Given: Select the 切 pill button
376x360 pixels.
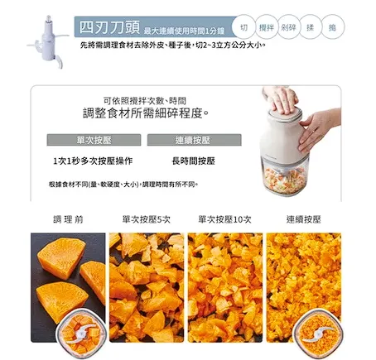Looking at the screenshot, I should [243, 26].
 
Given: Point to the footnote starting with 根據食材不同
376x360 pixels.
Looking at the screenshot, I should [123, 184].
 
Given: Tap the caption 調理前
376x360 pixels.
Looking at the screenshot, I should [68, 219].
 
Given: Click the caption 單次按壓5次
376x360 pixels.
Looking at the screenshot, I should [146, 219].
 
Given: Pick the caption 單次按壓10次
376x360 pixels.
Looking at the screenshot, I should [224, 219].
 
